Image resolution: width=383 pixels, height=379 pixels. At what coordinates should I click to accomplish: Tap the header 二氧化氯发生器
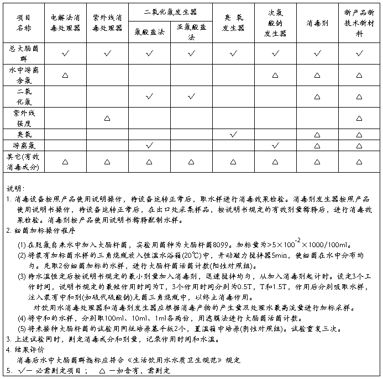(170, 12)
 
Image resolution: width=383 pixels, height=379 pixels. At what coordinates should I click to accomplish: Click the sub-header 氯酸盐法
(149, 33)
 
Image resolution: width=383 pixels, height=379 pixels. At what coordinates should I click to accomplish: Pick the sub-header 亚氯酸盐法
(191, 33)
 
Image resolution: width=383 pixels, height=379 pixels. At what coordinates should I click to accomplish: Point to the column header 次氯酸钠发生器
(275, 22)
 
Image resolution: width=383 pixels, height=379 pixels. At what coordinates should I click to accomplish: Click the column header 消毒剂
(317, 22)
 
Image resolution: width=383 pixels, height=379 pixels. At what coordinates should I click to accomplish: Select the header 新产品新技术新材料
(360, 22)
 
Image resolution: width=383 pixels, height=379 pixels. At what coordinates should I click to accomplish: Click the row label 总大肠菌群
(23, 54)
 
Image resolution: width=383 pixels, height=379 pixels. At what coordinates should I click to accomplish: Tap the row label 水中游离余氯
(23, 75)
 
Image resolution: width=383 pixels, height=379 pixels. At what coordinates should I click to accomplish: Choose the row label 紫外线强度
(23, 118)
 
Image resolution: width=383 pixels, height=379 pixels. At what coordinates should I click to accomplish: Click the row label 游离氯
(23, 145)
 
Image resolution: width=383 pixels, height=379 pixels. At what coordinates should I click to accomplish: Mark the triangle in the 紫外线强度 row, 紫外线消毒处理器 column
(107, 118)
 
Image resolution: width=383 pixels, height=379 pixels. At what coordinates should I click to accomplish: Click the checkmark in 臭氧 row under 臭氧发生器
(233, 134)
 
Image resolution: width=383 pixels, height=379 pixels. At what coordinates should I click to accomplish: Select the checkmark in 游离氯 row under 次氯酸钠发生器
(275, 145)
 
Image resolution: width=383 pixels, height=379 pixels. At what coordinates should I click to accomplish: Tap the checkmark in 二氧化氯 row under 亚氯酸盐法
(191, 97)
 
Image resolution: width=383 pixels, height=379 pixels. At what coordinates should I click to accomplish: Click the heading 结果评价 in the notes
(29, 349)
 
